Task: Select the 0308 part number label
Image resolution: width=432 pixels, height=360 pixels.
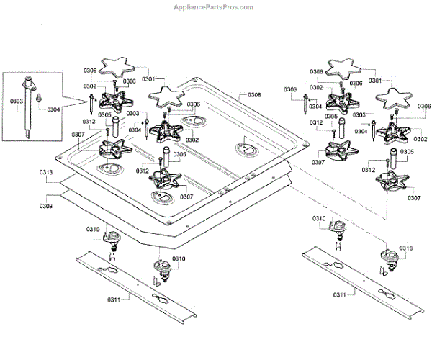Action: tap(254, 95)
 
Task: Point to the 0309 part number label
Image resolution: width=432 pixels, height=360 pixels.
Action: tap(45, 206)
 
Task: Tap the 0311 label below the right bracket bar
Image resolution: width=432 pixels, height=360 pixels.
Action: tap(341, 294)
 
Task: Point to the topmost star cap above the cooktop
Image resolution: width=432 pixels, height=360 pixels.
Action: tap(117, 68)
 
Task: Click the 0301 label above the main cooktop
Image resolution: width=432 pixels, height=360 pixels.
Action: tap(148, 78)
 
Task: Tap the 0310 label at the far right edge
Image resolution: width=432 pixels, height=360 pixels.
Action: tap(406, 248)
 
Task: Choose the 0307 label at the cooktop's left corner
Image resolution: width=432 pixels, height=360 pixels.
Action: tap(78, 135)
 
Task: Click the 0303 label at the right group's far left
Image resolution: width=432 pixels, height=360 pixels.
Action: tap(290, 89)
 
